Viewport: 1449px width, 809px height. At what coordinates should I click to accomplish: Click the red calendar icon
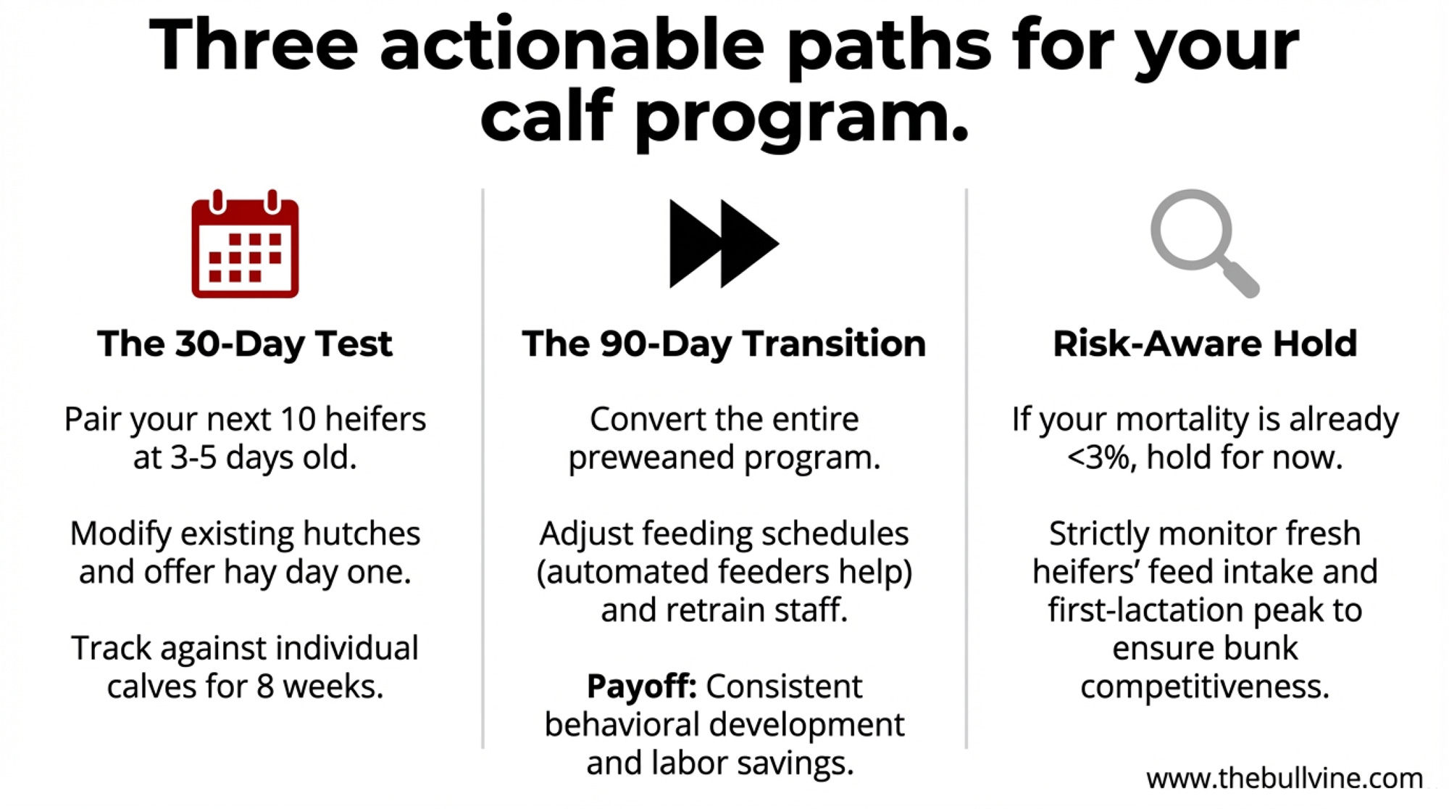coord(245,244)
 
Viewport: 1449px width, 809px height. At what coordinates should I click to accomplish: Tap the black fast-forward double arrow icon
coord(724,244)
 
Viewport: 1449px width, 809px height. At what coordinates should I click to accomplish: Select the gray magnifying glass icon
coord(1205,244)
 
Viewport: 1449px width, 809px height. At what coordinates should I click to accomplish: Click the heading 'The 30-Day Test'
coord(245,344)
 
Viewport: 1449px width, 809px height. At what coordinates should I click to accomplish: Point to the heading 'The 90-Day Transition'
coord(724,344)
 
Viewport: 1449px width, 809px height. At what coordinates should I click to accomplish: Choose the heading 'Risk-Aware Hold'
coord(1205,344)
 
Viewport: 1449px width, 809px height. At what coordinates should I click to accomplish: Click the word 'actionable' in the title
coord(572,45)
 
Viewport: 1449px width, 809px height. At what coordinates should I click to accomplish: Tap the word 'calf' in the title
coord(546,115)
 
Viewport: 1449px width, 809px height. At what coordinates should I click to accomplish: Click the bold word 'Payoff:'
coord(641,686)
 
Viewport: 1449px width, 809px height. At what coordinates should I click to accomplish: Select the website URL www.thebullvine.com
coord(1285,779)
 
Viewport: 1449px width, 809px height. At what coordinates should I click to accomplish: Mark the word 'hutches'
coord(362,534)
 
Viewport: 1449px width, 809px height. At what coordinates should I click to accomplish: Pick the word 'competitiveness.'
coord(1205,686)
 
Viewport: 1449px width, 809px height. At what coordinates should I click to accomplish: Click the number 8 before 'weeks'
coord(265,686)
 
